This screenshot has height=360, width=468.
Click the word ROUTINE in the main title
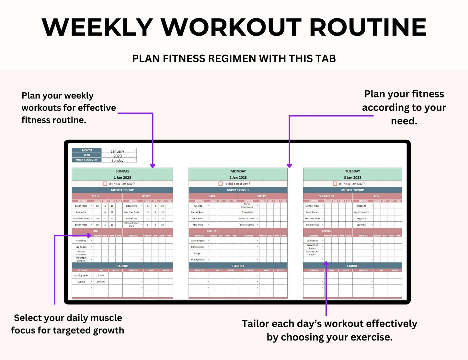click(x=368, y=27)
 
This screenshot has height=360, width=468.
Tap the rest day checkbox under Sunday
click(x=105, y=184)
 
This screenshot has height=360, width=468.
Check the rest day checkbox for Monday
click(x=221, y=184)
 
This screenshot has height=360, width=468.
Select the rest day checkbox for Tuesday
click(x=335, y=184)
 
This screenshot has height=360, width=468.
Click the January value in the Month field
click(x=118, y=151)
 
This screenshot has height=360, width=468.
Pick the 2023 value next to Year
click(x=118, y=156)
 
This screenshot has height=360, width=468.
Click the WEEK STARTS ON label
click(x=86, y=160)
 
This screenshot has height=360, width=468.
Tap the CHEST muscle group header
click(x=96, y=196)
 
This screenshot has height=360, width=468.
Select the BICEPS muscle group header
click(x=146, y=196)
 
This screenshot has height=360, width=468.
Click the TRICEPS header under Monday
click(x=261, y=196)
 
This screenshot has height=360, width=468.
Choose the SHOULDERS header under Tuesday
click(x=326, y=196)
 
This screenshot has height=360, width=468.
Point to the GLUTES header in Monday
click(x=212, y=231)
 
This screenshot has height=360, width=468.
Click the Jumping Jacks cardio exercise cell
click(x=81, y=275)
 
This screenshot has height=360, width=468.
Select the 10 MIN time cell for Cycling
click(x=101, y=282)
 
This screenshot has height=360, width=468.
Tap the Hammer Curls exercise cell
click(x=131, y=212)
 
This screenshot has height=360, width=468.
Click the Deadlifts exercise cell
click(x=361, y=206)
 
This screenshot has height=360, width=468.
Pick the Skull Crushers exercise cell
click(x=247, y=225)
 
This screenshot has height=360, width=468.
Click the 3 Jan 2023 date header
click(x=352, y=178)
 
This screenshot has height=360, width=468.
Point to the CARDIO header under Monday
click(x=238, y=266)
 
